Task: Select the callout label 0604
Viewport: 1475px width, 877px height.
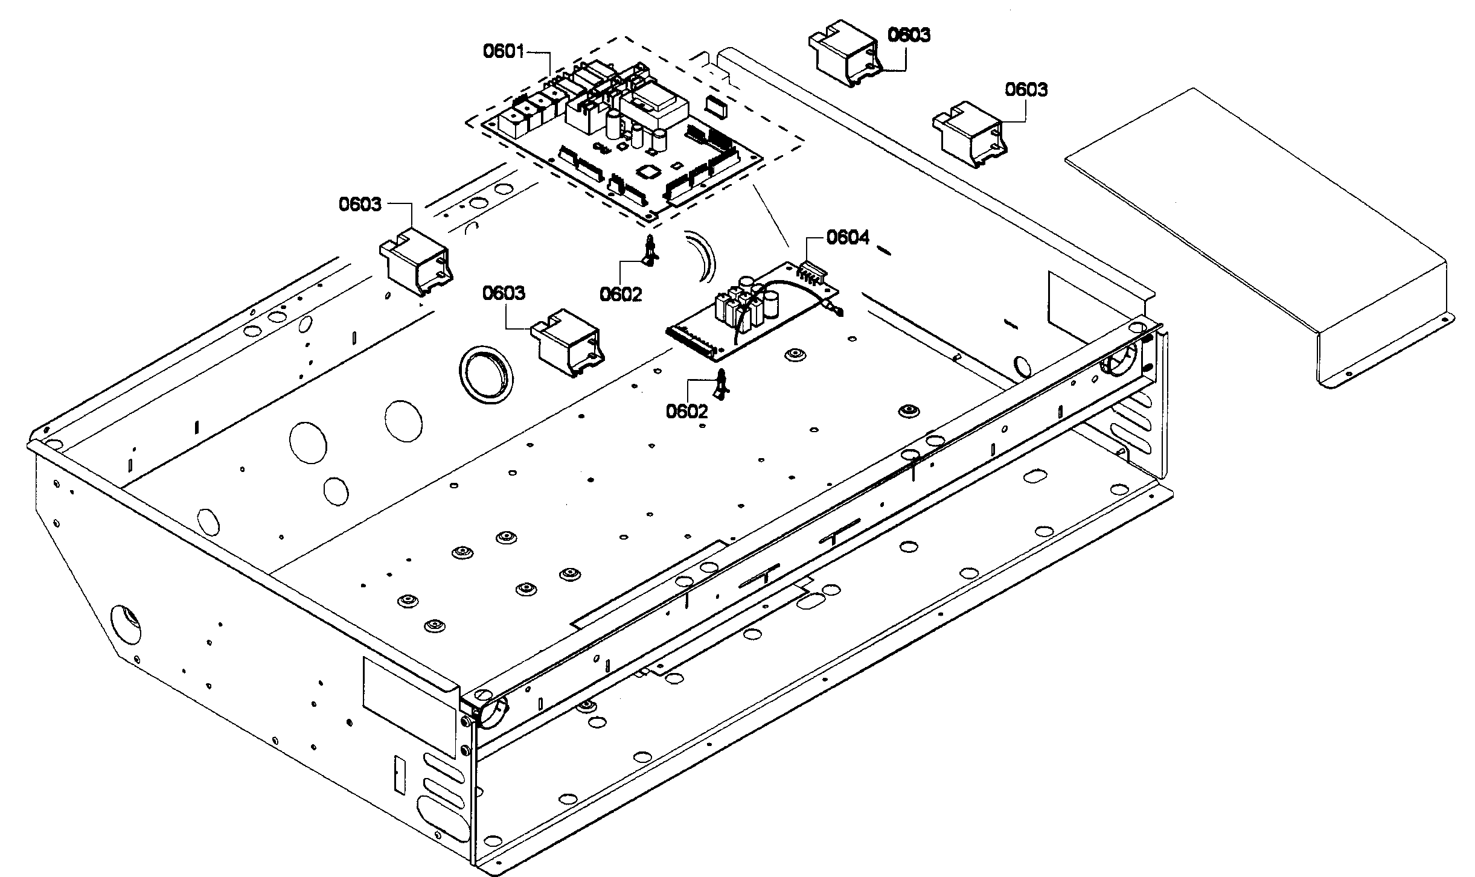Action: point(847,237)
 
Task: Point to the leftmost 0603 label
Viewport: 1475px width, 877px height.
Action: point(360,205)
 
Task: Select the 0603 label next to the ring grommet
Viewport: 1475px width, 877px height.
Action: point(503,293)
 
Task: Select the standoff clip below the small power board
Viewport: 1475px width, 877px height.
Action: point(721,384)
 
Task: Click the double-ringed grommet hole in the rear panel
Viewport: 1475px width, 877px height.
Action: point(485,374)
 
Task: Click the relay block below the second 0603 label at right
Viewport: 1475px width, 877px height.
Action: point(968,136)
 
